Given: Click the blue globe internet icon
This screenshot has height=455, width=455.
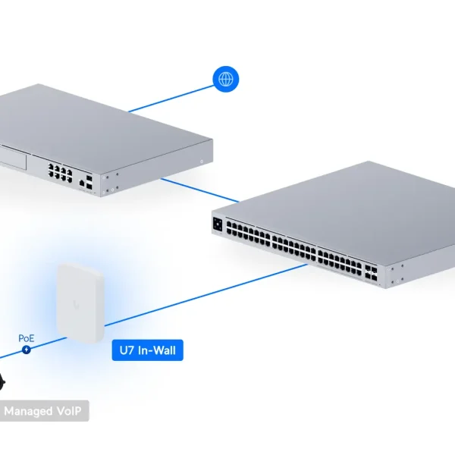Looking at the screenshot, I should (225, 79).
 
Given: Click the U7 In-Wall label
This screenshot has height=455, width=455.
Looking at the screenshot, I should (148, 350).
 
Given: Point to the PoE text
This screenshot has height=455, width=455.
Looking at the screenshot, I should (27, 338).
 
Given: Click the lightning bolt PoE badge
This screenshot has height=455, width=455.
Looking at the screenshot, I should (27, 350).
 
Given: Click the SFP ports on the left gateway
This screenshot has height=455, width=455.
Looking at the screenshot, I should (91, 182).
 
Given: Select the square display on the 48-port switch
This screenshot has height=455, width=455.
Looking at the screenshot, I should (218, 224).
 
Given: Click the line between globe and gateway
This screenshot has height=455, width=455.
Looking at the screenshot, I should (171, 97).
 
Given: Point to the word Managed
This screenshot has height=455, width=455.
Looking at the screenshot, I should (27, 411).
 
